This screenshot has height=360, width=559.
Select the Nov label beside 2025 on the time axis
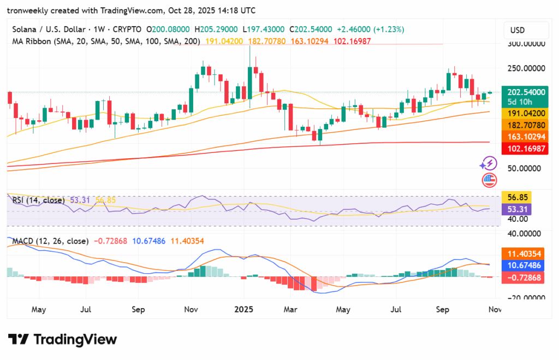click(191, 309)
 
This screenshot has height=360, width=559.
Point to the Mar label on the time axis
click(290, 309)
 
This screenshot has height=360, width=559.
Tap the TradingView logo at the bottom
click(62, 339)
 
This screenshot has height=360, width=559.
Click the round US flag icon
click(489, 180)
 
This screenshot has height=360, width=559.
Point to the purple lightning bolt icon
click(488, 163)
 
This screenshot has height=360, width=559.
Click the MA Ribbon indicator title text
click(104, 40)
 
